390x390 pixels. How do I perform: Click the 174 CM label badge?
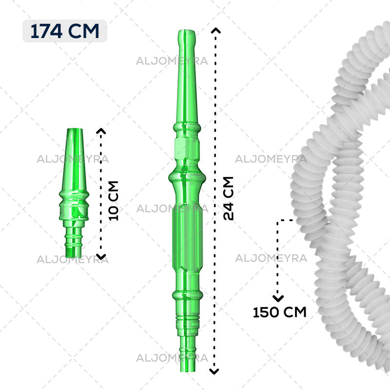[65, 31]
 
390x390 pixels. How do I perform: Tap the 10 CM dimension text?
[114, 201]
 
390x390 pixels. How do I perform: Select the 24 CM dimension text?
[228, 198]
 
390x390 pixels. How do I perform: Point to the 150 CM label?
[279, 312]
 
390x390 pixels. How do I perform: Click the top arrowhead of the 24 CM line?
[215, 30]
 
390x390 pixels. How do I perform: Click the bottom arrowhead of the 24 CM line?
[214, 371]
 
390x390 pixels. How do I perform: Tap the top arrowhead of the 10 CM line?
[101, 131]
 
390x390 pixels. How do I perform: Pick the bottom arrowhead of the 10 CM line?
[101, 257]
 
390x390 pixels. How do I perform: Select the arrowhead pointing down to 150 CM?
[278, 298]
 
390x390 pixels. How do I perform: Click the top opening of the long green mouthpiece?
[187, 31]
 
